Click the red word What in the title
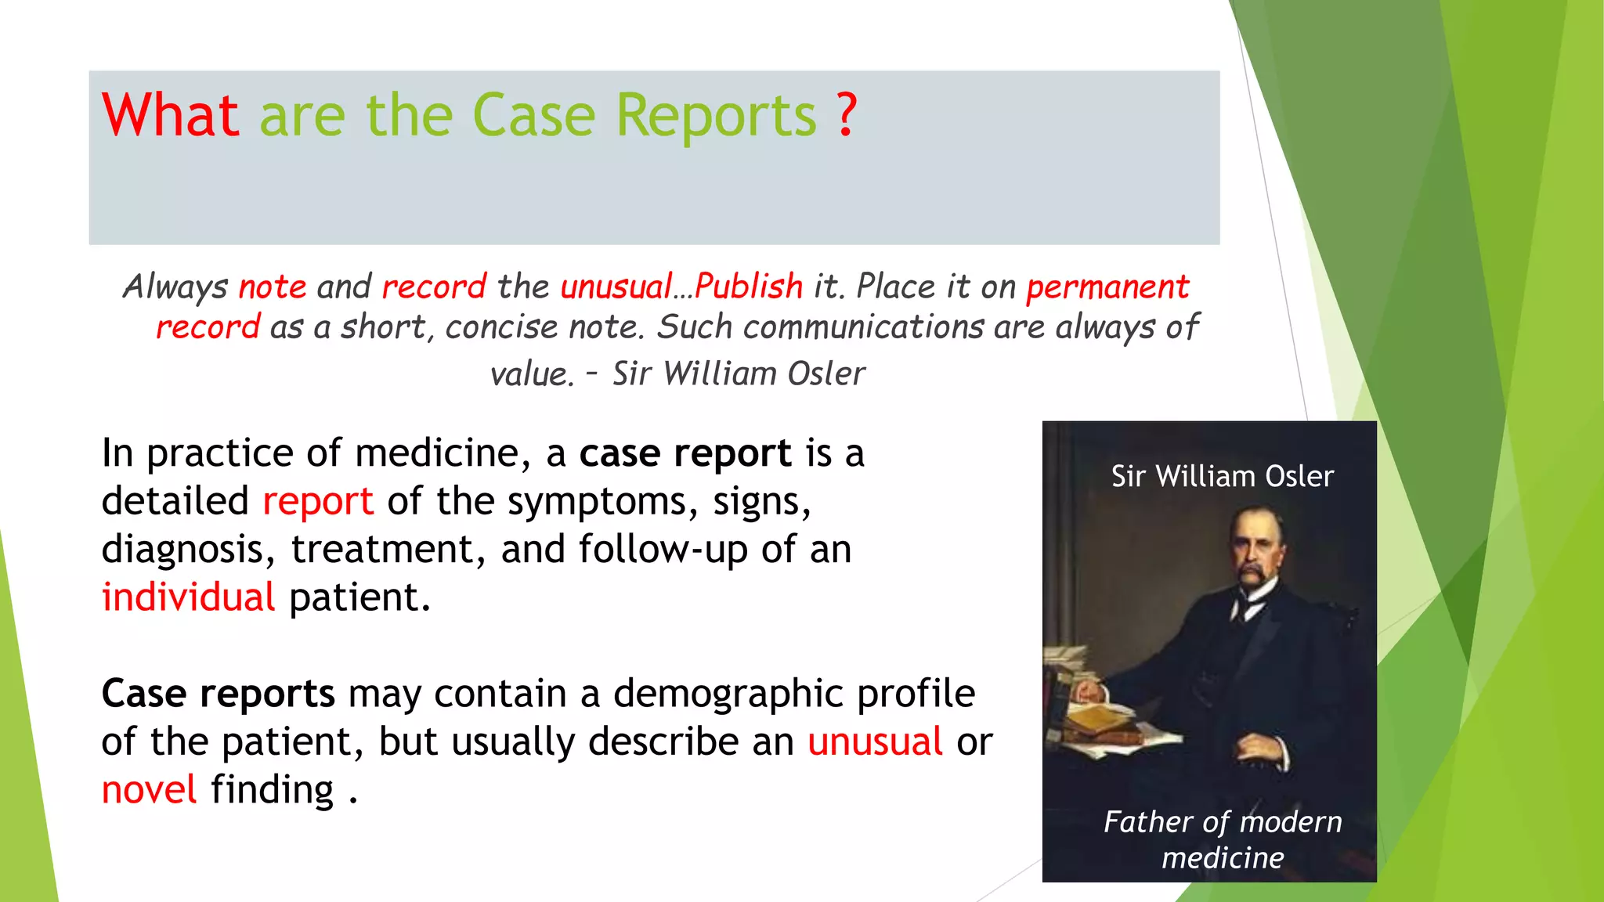tap(170, 115)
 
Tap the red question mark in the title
tap(846, 115)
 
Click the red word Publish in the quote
tap(748, 287)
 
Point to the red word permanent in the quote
tap(1107, 287)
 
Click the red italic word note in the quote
tap(273, 287)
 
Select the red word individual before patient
tap(188, 597)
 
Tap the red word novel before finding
tap(149, 790)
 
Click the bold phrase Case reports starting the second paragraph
tap(218, 694)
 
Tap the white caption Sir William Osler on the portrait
tap(1222, 476)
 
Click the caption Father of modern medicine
tap(1222, 839)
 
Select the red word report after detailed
tap(318, 502)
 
